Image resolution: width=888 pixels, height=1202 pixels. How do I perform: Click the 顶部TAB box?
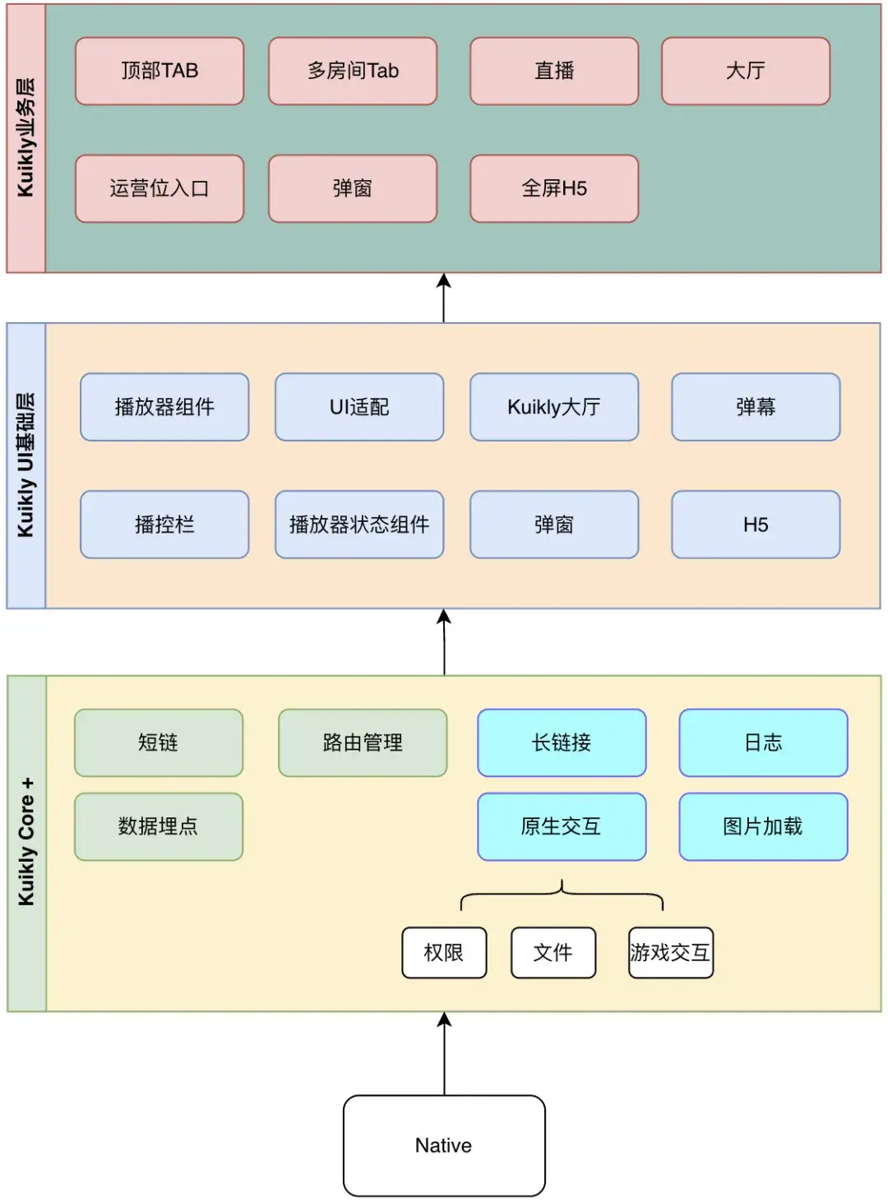[x=160, y=71]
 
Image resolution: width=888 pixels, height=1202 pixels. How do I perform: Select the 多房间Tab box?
[x=353, y=71]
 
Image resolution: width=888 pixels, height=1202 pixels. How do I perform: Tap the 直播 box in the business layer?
[x=554, y=71]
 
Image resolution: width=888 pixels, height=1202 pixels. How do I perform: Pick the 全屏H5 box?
[x=554, y=188]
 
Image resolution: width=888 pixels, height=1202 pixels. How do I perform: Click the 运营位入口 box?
[x=160, y=188]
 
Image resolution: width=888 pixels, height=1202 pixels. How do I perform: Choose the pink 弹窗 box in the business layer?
[x=353, y=188]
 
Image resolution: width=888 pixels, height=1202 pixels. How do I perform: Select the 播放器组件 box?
[x=164, y=407]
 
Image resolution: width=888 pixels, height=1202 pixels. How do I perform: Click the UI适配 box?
[x=359, y=407]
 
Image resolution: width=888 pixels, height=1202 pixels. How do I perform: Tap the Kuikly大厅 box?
[x=554, y=407]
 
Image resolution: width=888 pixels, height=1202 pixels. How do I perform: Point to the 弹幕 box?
[x=756, y=407]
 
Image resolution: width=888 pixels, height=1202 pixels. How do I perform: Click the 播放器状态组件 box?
[x=359, y=525]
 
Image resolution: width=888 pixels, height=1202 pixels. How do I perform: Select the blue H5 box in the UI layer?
[x=756, y=525]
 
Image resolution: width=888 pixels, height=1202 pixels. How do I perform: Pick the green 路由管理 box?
[x=363, y=742]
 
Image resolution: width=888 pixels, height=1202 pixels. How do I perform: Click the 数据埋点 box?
[x=159, y=826]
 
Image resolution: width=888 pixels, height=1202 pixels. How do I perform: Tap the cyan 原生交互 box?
[x=562, y=826]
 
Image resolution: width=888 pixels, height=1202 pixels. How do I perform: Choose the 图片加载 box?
[x=763, y=826]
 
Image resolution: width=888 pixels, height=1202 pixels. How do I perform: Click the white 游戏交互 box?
[x=670, y=952]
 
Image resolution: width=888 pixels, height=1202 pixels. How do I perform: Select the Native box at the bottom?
[x=444, y=1145]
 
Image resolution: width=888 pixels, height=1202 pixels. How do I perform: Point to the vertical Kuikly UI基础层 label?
[x=26, y=465]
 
